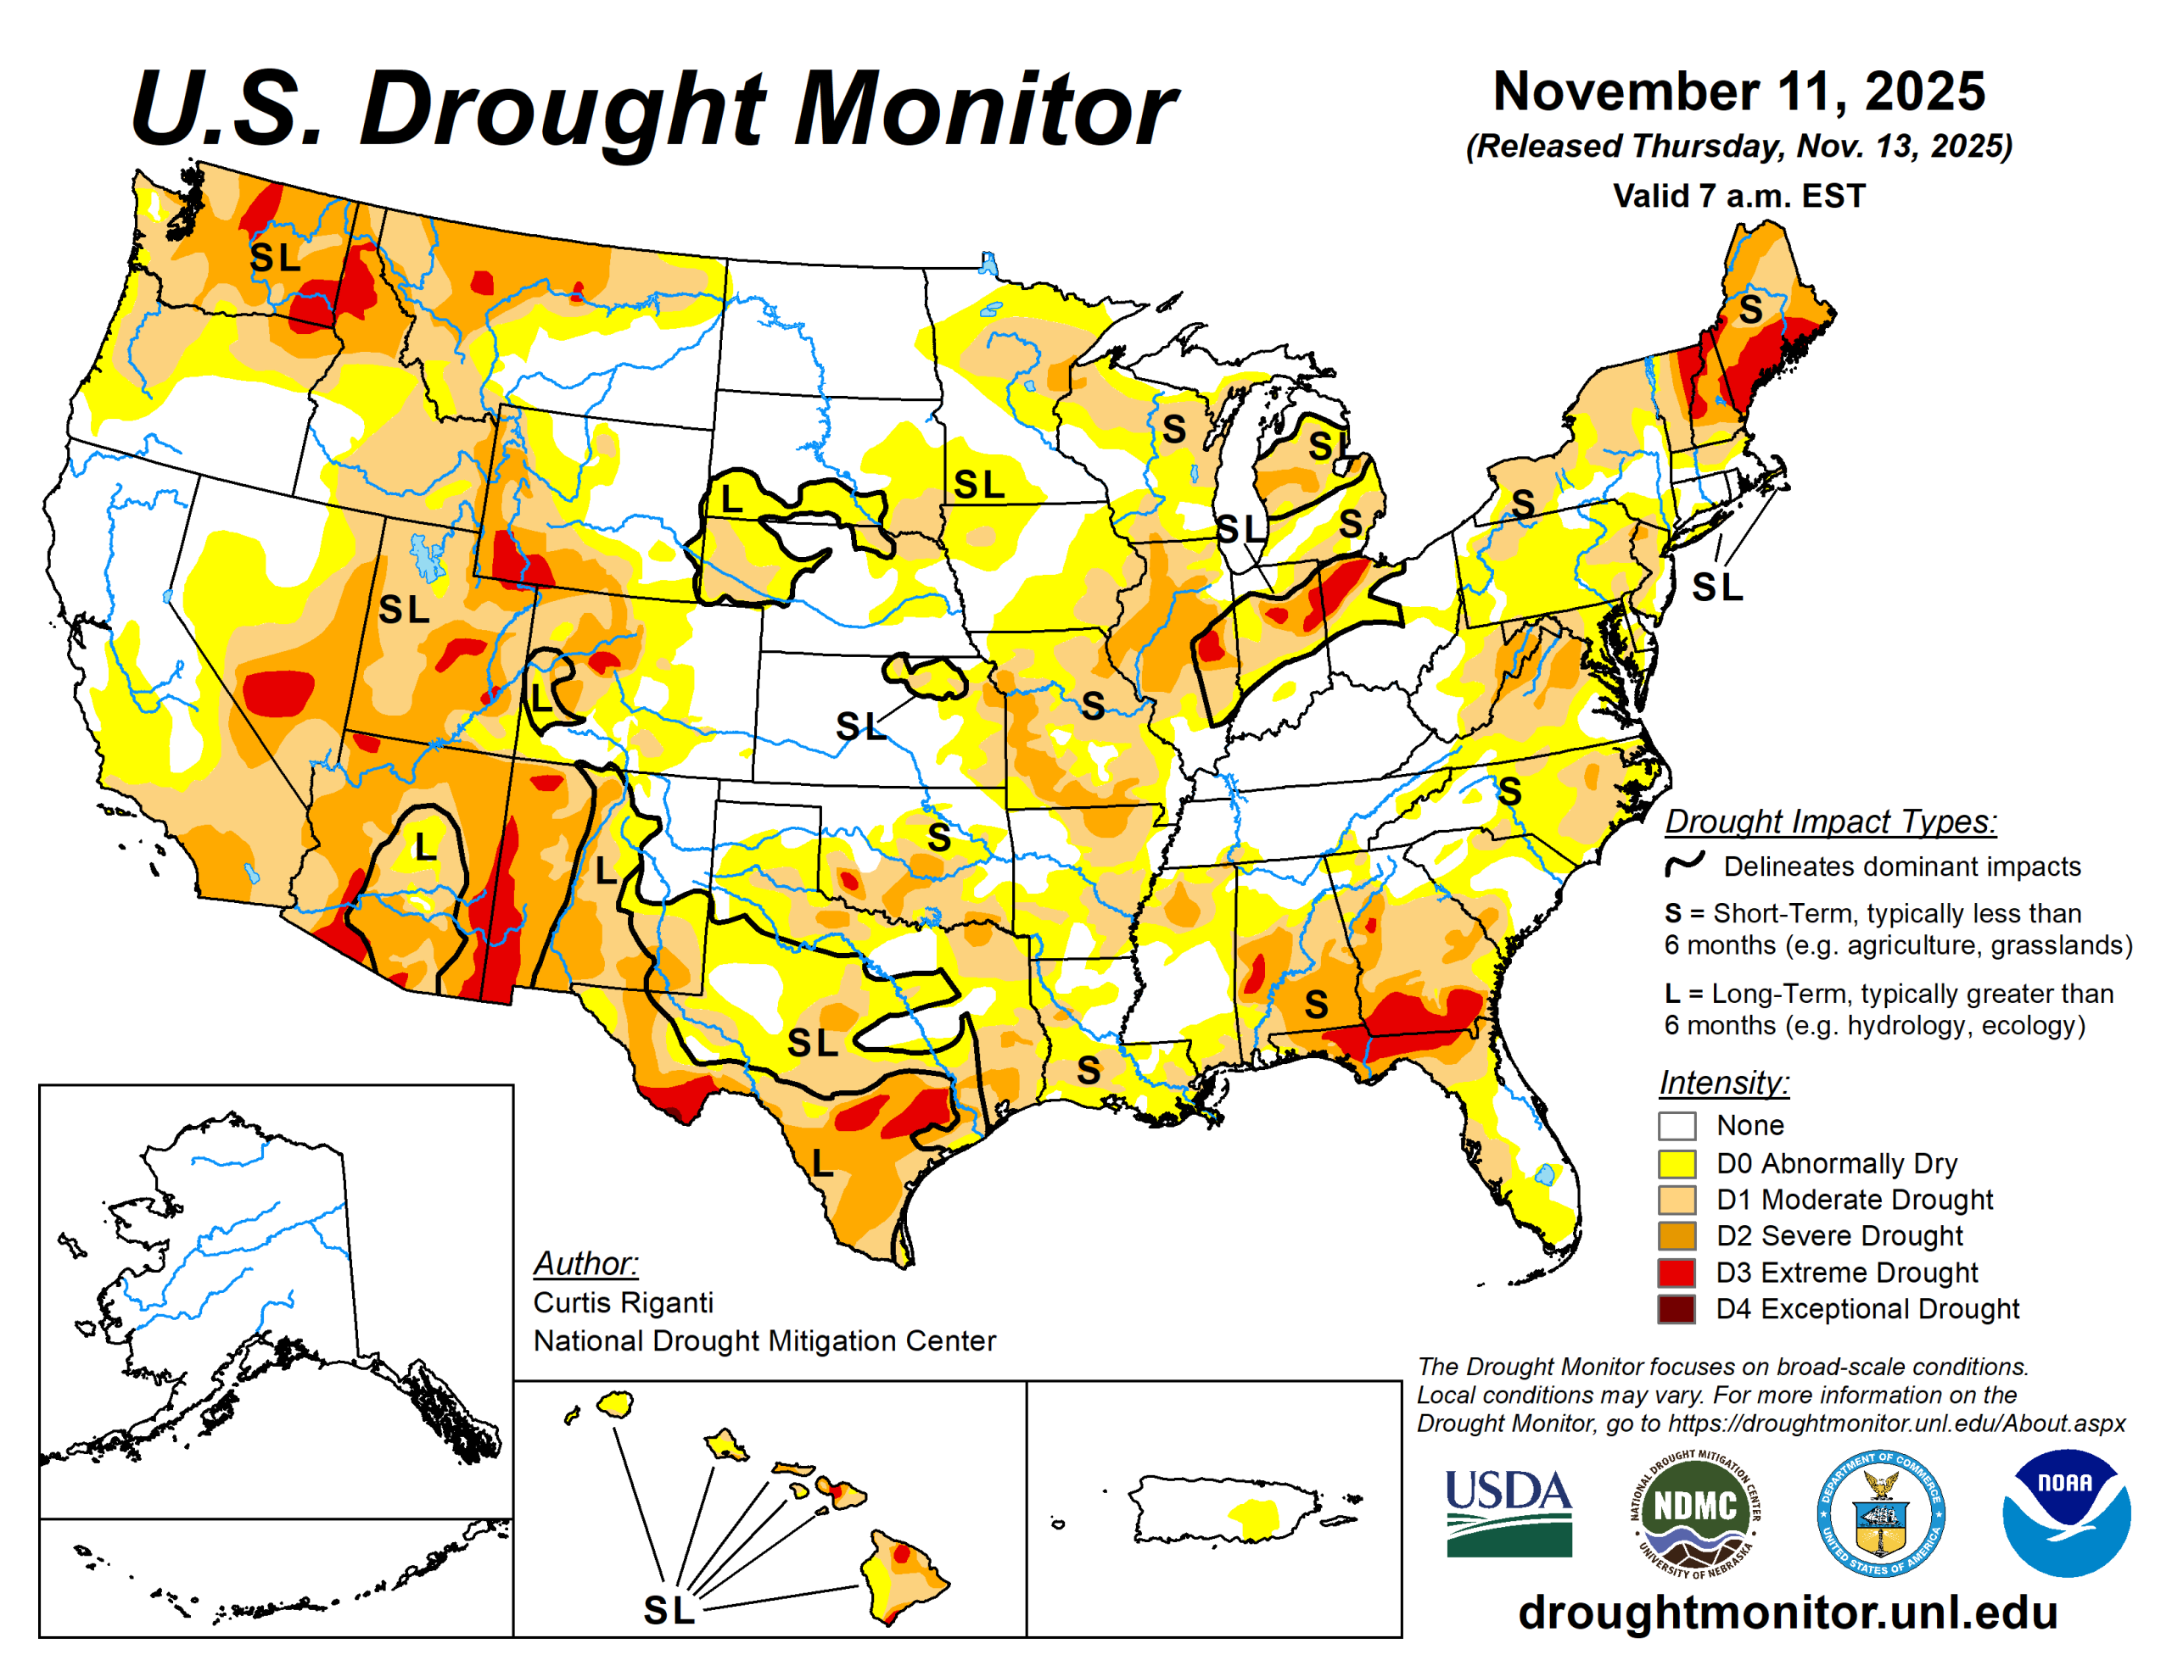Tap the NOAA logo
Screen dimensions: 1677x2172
coord(2066,1512)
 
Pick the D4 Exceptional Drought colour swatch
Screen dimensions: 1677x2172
coord(1676,1309)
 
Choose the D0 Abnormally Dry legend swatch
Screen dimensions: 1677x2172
coord(1676,1163)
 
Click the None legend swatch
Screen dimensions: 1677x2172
coord(1676,1126)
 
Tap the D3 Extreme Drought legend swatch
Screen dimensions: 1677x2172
coord(1676,1273)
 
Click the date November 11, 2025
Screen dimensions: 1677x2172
coord(1738,92)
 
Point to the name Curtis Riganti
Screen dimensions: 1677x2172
coord(623,1302)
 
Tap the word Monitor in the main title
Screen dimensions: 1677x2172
coord(984,109)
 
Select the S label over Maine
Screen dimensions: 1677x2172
coord(1750,310)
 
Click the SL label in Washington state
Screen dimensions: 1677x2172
coord(275,258)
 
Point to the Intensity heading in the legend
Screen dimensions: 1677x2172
coord(1723,1082)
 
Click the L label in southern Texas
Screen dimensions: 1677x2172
coord(821,1163)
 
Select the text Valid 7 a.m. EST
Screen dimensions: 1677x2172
coord(1738,196)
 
